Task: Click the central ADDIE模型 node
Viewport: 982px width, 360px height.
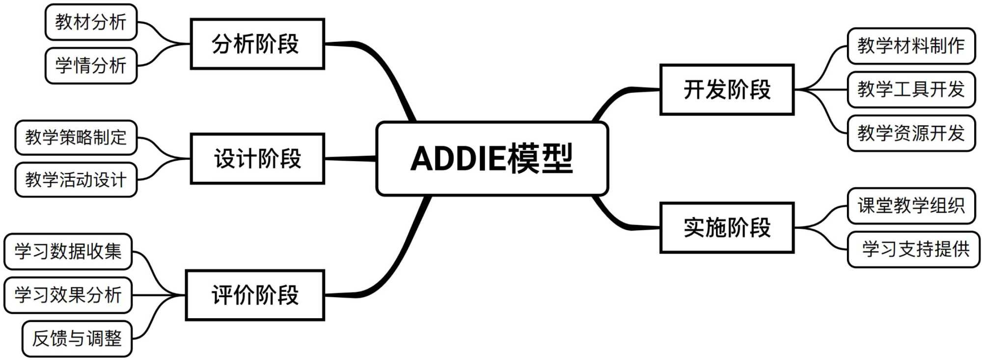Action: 492,159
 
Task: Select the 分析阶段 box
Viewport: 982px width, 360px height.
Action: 257,44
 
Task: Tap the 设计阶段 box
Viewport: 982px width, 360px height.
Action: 257,159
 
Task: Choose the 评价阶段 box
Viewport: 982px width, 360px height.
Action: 255,295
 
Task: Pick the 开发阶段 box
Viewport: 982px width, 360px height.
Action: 727,90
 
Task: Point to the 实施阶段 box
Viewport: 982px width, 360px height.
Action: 727,228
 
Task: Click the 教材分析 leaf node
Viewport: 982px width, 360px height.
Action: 91,22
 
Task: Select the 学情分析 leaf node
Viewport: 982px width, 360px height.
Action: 91,65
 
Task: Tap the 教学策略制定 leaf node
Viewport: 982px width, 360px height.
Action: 76,138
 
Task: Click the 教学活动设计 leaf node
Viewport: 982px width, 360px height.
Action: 76,180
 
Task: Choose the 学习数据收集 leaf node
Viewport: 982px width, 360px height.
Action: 68,251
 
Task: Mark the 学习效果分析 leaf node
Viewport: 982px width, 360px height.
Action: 68,295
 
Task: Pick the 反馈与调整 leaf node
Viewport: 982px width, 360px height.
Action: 77,338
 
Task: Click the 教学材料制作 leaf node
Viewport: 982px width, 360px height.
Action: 911,46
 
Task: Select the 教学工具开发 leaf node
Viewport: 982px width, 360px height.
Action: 911,89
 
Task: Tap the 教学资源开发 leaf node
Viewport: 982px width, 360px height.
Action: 911,133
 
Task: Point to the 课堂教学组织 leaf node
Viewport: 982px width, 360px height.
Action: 911,206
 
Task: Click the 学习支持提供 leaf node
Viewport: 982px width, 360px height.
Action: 913,249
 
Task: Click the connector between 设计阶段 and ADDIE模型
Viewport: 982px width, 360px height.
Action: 350,159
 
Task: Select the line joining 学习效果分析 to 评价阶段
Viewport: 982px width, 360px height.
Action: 159,295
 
